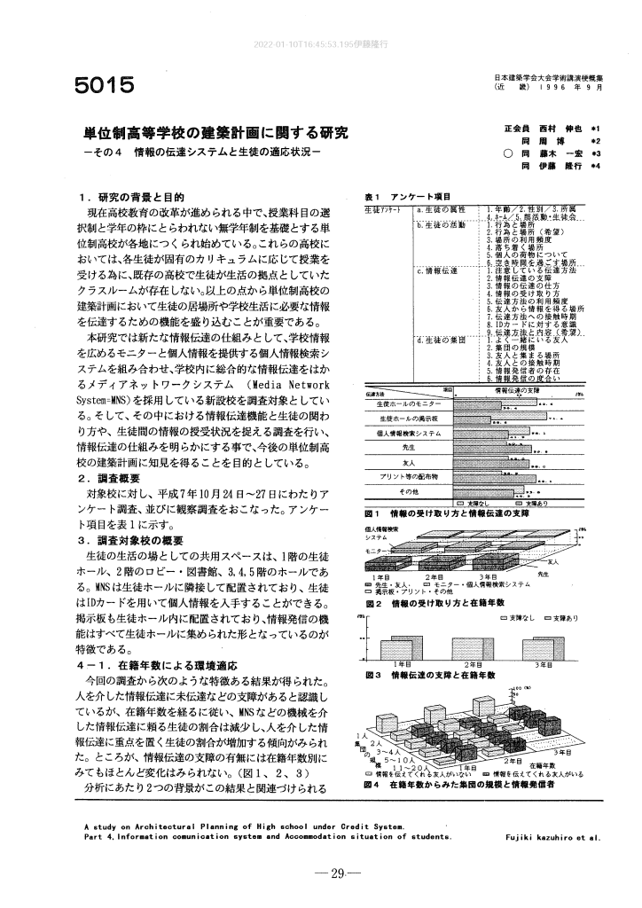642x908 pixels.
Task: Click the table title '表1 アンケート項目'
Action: point(407,196)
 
